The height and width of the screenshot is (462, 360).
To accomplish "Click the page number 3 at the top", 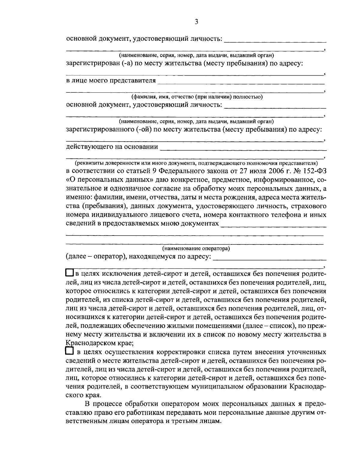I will [196, 22].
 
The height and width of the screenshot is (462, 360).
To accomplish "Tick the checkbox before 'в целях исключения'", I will [70, 273].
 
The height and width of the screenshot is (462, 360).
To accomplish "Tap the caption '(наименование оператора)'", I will [196, 248].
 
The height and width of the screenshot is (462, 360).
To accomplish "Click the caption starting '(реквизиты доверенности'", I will [196, 163].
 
